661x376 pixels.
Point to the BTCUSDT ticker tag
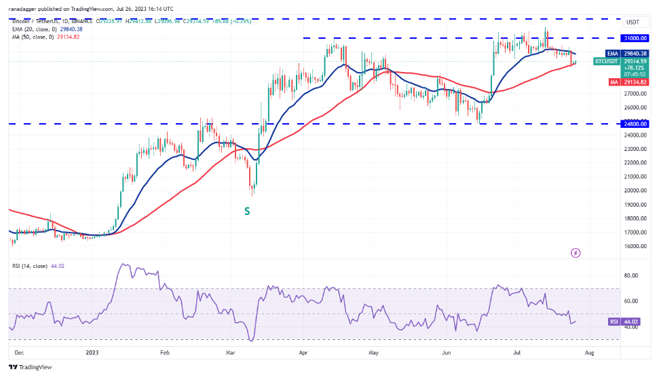(x=606, y=61)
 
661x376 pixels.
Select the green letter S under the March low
(x=248, y=211)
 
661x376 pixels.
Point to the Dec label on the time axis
(x=18, y=354)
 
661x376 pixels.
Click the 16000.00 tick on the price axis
(x=635, y=247)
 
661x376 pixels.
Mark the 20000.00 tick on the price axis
(x=635, y=190)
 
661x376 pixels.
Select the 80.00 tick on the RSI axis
(x=631, y=275)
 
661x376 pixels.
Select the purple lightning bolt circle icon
(x=575, y=253)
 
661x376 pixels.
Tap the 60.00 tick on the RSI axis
(x=631, y=301)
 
